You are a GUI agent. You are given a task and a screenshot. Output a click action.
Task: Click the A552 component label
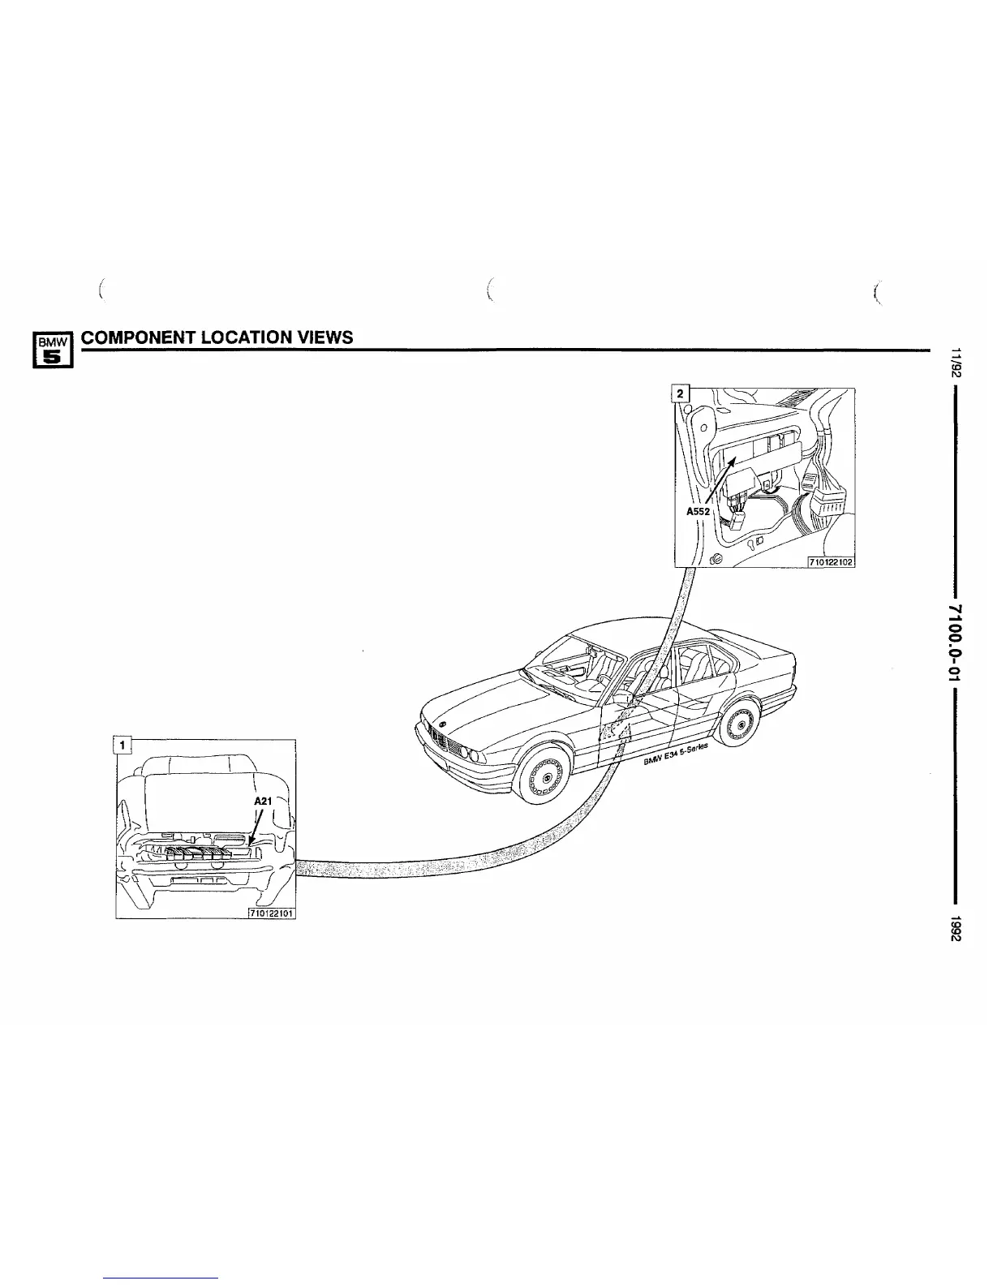698,512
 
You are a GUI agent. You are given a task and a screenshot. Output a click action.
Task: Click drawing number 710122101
271,913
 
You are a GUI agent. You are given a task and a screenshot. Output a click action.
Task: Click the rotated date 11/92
957,363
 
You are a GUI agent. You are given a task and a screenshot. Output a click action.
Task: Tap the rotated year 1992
957,928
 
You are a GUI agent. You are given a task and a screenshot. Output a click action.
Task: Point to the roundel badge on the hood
442,723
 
